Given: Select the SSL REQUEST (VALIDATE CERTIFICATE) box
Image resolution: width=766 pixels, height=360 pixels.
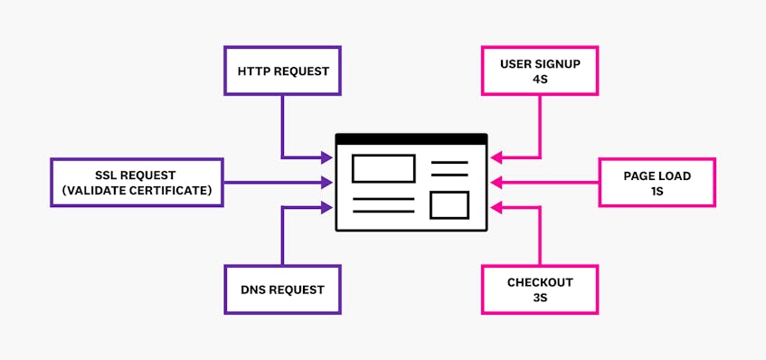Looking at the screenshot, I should click(x=137, y=183).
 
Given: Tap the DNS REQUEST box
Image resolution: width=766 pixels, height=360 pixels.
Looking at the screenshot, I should click(x=282, y=289).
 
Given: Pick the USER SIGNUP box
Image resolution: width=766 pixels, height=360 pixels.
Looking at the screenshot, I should click(x=540, y=71).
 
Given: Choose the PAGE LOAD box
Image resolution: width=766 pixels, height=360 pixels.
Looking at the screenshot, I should click(x=657, y=183).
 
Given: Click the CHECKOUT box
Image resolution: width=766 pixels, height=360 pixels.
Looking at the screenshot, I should click(x=540, y=289).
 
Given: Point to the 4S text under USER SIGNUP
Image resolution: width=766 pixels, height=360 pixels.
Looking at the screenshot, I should click(x=540, y=79).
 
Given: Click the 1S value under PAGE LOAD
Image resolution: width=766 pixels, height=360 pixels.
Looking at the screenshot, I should click(x=657, y=191).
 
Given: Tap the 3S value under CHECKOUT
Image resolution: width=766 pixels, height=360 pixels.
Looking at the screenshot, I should click(x=540, y=298).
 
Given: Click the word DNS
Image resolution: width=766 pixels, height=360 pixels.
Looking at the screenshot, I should click(x=258, y=289).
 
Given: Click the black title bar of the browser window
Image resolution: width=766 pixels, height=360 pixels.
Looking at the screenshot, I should click(x=411, y=138).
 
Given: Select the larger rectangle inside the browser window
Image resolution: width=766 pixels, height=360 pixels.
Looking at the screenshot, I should click(x=383, y=168).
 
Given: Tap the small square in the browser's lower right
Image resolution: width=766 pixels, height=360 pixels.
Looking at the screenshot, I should click(x=449, y=204).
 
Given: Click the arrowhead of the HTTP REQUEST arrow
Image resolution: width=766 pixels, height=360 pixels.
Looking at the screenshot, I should click(x=327, y=157).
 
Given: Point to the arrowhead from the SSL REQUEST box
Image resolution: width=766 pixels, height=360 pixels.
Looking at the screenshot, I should click(x=327, y=183).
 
